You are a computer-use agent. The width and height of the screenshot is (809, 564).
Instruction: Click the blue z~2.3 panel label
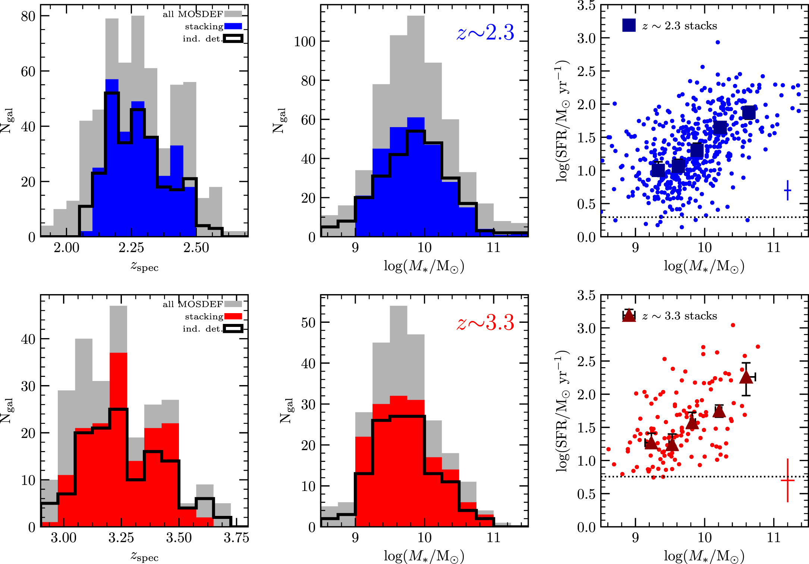(485, 33)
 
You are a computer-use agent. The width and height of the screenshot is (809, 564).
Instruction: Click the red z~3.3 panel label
(485, 323)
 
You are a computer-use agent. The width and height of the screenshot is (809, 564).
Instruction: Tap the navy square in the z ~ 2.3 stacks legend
(629, 25)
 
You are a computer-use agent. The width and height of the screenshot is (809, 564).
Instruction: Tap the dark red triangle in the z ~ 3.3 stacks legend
(629, 316)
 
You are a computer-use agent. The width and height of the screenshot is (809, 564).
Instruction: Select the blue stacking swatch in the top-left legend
(233, 26)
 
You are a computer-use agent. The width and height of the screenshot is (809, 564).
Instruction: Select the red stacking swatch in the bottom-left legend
(233, 316)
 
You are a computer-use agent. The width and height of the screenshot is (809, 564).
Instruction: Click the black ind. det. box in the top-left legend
(233, 38)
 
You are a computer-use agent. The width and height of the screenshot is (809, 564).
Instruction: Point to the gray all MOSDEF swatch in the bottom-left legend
(233, 304)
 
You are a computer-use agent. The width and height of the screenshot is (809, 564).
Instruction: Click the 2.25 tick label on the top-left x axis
(131, 248)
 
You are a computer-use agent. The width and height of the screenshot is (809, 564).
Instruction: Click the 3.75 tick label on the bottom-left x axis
(236, 538)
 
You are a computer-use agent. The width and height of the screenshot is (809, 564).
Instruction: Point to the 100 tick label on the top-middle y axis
(305, 42)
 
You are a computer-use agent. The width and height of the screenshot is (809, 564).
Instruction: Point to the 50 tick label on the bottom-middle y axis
(308, 323)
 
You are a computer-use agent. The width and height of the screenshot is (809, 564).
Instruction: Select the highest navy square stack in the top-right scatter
(749, 113)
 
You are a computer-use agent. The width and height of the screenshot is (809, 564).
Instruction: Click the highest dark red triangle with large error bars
(746, 378)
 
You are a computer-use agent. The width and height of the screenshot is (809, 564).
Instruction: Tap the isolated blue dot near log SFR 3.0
(718, 42)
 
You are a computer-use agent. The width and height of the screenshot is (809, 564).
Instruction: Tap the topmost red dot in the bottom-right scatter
(733, 325)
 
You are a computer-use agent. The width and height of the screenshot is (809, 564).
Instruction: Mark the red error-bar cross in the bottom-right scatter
(787, 480)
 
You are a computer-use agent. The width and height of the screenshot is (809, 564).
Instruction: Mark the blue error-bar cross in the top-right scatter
(787, 190)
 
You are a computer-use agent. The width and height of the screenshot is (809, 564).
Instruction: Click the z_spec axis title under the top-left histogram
(144, 266)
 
